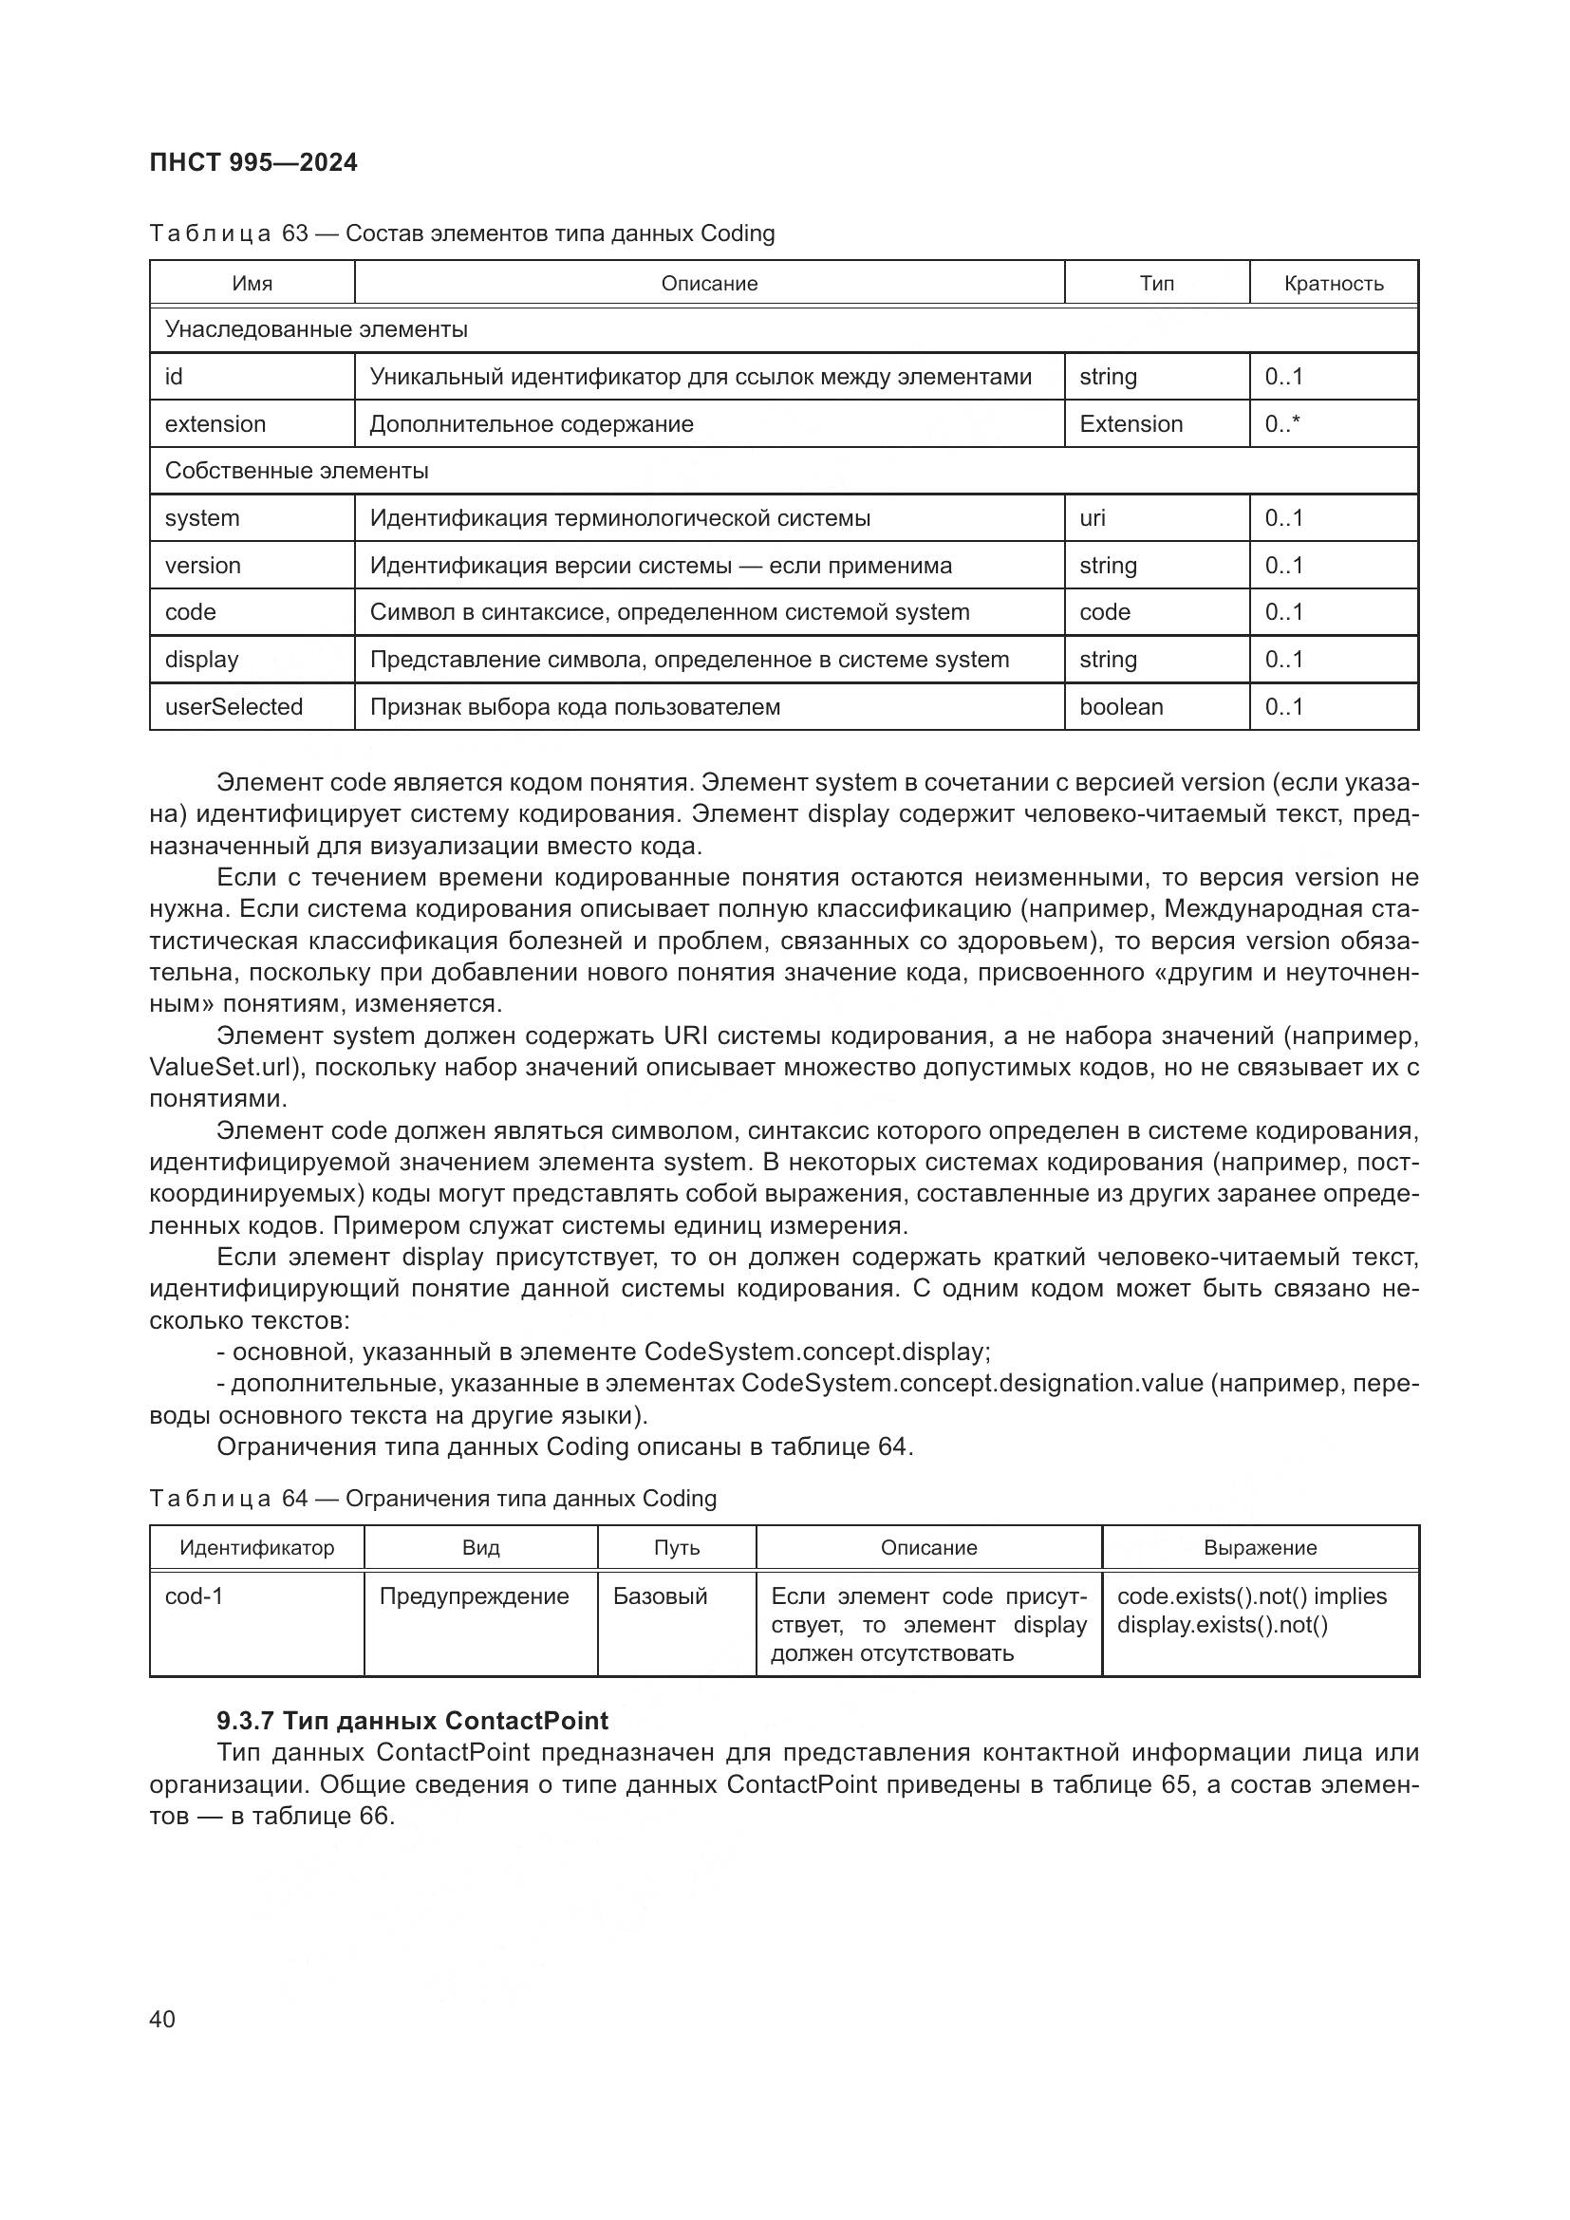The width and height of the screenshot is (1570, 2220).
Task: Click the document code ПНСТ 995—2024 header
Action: [253, 162]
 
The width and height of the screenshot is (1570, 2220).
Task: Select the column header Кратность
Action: [1333, 283]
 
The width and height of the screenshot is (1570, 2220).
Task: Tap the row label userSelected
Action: [234, 707]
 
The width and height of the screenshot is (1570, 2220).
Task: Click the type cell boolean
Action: [1120, 707]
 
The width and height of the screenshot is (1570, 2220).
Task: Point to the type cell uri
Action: [1093, 518]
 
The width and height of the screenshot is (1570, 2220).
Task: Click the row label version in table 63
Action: [203, 566]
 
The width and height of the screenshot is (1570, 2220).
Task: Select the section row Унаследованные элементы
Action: [316, 329]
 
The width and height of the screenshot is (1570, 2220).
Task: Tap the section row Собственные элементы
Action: [297, 471]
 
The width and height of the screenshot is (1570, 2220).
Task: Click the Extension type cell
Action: [1131, 423]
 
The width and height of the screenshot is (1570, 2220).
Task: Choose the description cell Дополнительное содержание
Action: [532, 423]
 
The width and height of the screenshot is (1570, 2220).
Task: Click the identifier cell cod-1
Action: [195, 1596]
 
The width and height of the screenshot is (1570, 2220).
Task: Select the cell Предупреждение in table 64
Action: [474, 1596]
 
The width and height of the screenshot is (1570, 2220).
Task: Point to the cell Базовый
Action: [661, 1596]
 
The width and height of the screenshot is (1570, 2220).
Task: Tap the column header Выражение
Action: [1260, 1548]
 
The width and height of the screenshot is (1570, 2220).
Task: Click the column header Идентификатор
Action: [257, 1548]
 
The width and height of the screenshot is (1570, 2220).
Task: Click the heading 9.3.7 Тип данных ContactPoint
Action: [413, 1721]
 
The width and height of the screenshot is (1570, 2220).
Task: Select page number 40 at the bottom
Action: [162, 2019]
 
